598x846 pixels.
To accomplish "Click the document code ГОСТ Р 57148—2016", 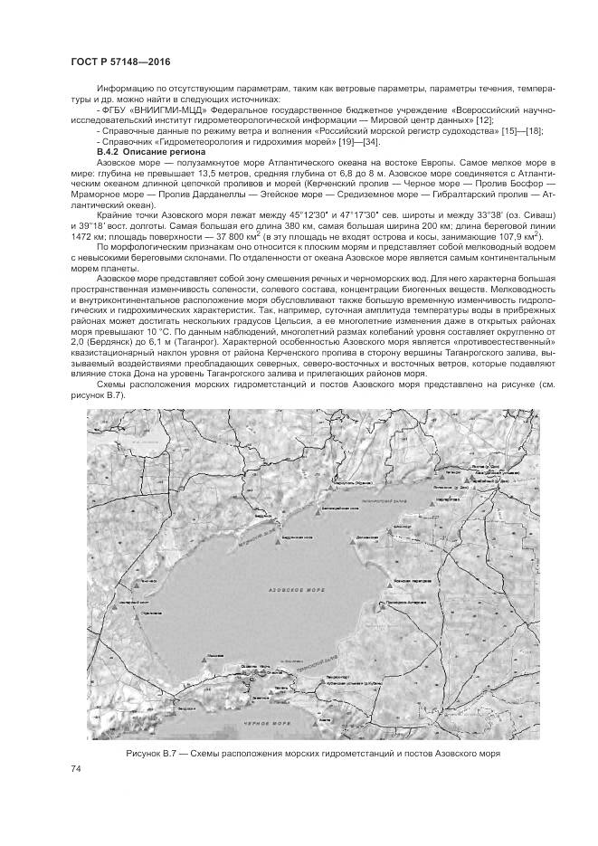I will [x=120, y=62].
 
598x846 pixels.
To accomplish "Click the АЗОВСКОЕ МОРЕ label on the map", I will [x=293, y=589].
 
